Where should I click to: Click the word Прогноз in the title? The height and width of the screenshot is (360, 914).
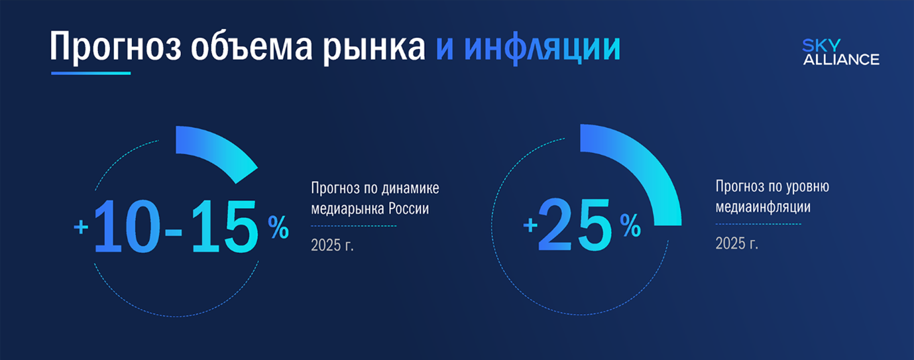pyautogui.click(x=115, y=47)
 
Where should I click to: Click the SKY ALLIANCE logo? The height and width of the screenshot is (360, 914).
pyautogui.click(x=841, y=52)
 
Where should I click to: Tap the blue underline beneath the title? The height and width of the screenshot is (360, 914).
pyautogui.click(x=91, y=74)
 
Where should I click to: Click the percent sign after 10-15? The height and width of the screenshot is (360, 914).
pyautogui.click(x=278, y=227)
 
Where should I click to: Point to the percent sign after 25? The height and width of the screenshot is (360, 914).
pyautogui.click(x=630, y=225)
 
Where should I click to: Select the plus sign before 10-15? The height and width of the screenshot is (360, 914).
pyautogui.click(x=81, y=227)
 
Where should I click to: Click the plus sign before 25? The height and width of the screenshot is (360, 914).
pyautogui.click(x=530, y=225)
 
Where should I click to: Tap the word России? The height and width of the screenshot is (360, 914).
pyautogui.click(x=408, y=209)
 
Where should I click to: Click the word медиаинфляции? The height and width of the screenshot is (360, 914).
pyautogui.click(x=763, y=207)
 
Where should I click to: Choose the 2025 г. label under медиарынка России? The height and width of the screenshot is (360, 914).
pyautogui.click(x=332, y=245)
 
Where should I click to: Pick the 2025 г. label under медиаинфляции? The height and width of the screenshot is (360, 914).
pyautogui.click(x=736, y=244)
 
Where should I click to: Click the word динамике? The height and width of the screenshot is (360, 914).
pyautogui.click(x=410, y=188)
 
